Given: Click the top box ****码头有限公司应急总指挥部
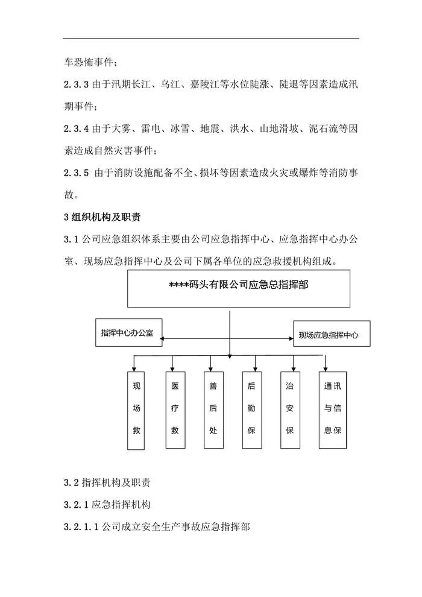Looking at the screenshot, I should [x=239, y=288].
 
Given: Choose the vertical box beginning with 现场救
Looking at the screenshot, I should [x=136, y=411].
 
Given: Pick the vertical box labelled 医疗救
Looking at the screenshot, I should [x=175, y=411].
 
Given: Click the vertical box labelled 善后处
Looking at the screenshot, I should [x=213, y=411].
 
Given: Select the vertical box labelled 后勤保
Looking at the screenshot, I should [x=251, y=411].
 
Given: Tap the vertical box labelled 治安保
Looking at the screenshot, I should [x=290, y=411].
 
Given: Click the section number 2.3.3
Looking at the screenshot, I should [x=76, y=84].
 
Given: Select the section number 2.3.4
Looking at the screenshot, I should [x=76, y=128].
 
